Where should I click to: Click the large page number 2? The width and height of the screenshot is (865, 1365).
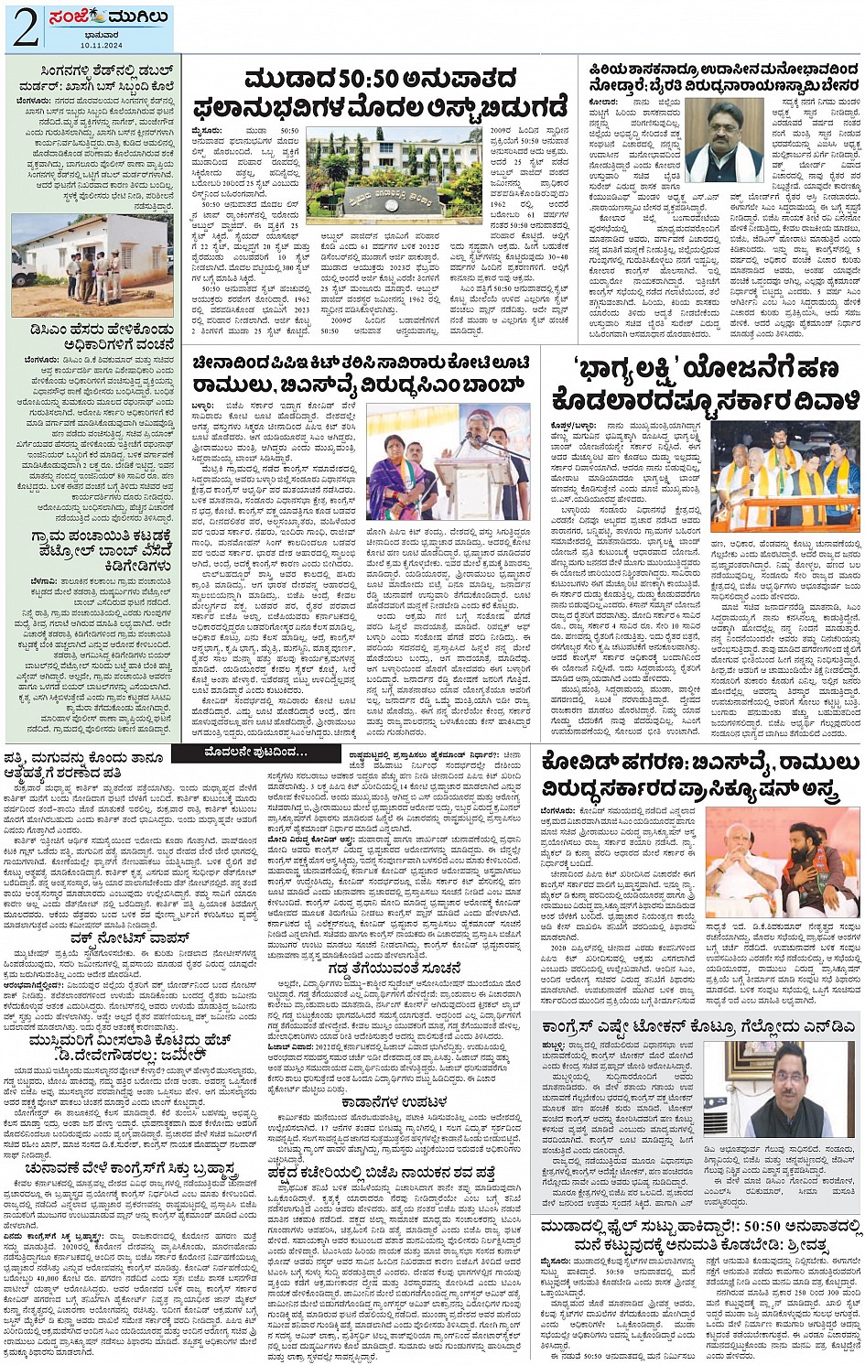[x=25, y=28]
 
